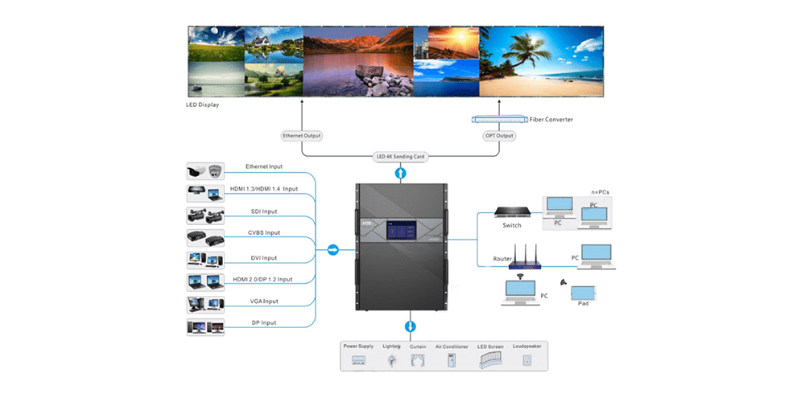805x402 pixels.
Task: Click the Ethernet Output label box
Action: (x=303, y=136)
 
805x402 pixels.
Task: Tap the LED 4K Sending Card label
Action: (x=400, y=157)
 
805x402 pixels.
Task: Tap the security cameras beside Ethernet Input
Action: (x=205, y=171)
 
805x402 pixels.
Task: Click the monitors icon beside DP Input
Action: (x=205, y=327)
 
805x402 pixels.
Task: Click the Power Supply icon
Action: (x=359, y=361)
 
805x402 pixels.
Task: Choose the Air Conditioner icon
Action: (x=452, y=361)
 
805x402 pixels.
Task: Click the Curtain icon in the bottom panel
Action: (x=418, y=361)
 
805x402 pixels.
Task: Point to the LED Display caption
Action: (x=202, y=105)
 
